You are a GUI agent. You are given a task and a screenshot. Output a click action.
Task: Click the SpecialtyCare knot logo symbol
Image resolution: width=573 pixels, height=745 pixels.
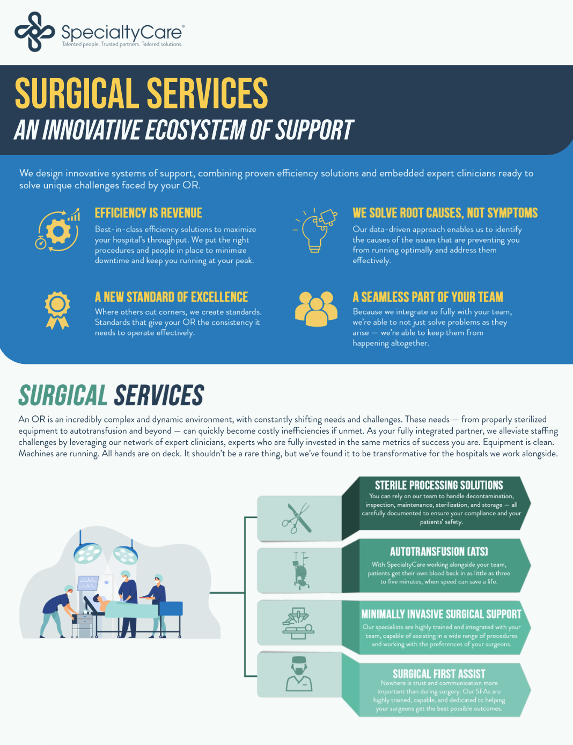35,32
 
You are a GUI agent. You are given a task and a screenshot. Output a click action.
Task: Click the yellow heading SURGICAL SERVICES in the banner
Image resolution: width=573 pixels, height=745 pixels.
141,93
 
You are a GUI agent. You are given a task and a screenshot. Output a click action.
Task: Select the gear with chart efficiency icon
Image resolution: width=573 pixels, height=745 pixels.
57,229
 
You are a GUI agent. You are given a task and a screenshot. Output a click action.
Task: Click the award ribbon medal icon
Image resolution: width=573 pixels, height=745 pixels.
57,310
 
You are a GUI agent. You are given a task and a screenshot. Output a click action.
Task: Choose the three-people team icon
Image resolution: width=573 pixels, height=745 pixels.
316,309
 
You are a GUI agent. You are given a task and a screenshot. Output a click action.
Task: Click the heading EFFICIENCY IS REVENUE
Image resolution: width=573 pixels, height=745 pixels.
149,213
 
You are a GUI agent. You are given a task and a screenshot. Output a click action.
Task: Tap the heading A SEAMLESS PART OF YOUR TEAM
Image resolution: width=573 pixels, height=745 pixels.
428,297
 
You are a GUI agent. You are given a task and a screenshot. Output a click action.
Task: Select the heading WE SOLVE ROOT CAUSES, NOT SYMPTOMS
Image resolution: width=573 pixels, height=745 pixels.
445,213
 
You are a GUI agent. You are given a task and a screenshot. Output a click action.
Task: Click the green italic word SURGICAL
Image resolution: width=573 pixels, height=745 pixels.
63,395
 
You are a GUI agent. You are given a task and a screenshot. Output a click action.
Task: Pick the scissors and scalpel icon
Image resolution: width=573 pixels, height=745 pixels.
297,518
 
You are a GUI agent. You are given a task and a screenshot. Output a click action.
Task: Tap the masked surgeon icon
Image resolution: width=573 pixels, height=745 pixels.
299,674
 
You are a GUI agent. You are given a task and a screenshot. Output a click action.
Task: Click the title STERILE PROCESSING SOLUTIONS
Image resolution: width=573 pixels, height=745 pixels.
439,485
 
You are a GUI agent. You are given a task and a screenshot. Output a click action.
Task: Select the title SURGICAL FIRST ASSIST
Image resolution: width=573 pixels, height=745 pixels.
439,674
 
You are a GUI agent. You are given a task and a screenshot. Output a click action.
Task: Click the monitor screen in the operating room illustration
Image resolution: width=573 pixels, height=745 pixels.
88,583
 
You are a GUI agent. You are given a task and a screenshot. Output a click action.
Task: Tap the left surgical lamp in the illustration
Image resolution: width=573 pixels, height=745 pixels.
88,552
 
